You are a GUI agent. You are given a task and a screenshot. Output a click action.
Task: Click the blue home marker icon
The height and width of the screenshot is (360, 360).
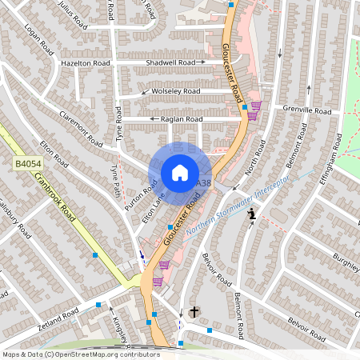coord(180,173)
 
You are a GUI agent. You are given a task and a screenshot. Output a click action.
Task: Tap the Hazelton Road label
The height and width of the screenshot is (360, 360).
coord(85,62)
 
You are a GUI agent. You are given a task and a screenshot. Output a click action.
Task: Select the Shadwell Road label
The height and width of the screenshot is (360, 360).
coord(170,62)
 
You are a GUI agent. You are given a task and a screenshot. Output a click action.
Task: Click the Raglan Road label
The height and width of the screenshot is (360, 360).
coord(182,119)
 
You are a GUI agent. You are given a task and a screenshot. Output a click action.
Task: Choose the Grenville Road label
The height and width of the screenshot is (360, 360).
coord(306,110)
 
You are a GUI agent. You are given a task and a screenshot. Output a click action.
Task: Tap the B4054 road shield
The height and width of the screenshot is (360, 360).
coord(28,163)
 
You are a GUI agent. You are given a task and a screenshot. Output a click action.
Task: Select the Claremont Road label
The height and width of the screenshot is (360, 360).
coord(81,127)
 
